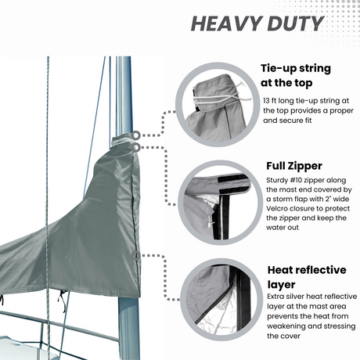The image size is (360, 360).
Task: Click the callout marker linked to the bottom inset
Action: tap(136, 255)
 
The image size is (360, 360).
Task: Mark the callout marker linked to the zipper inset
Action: tap(137, 146)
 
